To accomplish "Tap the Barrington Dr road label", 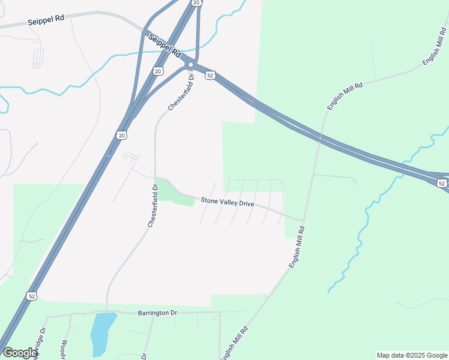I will pyautogui.click(x=158, y=313).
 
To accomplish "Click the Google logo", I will pyautogui.click(x=20, y=353).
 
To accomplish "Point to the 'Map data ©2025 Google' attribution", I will pyautogui.click(x=412, y=355).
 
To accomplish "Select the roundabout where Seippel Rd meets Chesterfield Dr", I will pyautogui.click(x=190, y=65).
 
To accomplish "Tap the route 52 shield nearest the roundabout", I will pyautogui.click(x=209, y=75).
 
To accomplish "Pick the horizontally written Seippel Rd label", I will pyautogui.click(x=46, y=20).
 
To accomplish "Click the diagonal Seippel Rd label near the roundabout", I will pyautogui.click(x=164, y=45).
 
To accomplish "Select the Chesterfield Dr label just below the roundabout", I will pyautogui.click(x=182, y=92).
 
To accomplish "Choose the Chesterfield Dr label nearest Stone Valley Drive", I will pyautogui.click(x=152, y=206).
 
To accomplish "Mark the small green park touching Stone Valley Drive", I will pyautogui.click(x=177, y=193).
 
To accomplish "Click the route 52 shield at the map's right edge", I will pyautogui.click(x=442, y=183).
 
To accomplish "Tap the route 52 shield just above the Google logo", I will pyautogui.click(x=31, y=296).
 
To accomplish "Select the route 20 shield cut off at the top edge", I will pyautogui.click(x=196, y=2).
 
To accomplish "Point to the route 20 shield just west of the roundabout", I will pyautogui.click(x=158, y=71).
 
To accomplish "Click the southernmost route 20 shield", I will pyautogui.click(x=122, y=136).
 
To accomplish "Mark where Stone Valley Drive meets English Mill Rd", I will pyautogui.click(x=302, y=220).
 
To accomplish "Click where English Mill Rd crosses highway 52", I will pyautogui.click(x=321, y=138).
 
